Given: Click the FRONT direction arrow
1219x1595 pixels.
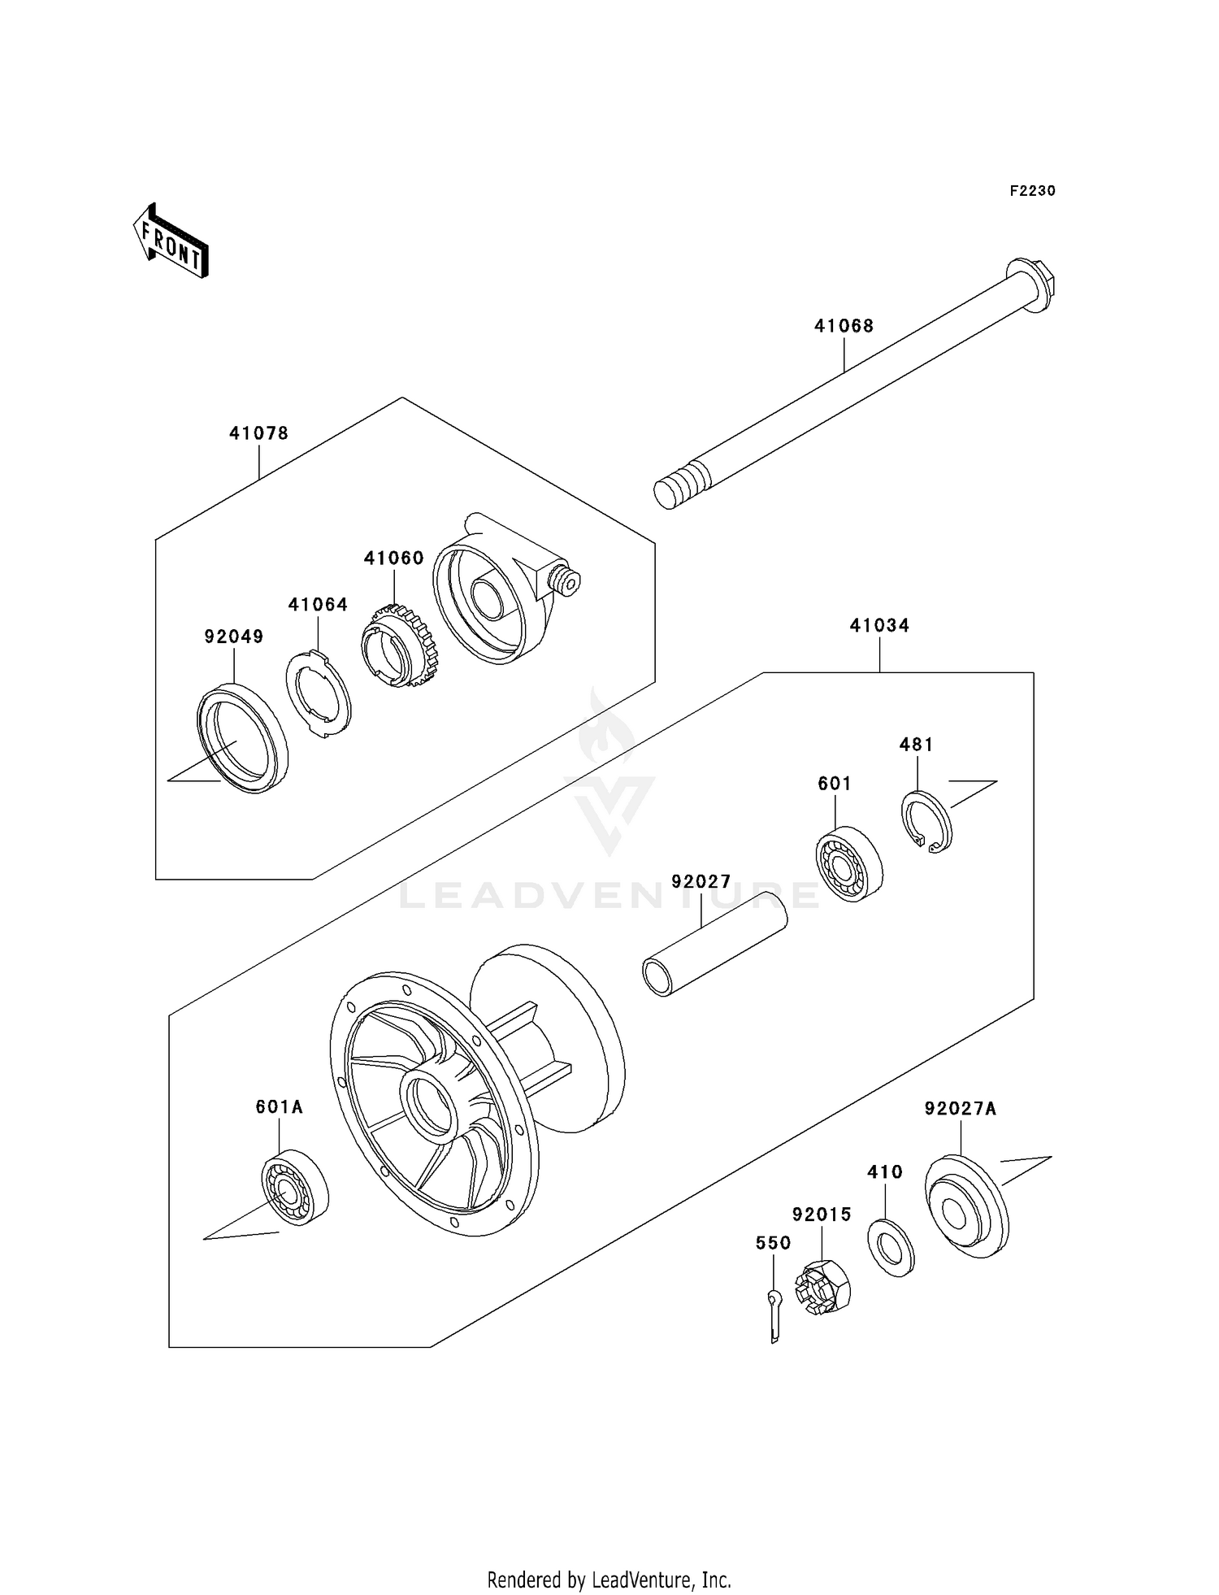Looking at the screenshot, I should (x=171, y=241).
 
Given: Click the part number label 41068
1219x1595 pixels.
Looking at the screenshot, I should (x=844, y=326).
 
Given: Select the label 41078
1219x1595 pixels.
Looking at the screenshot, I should (x=258, y=433).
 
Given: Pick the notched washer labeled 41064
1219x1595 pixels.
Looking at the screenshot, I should (x=318, y=693).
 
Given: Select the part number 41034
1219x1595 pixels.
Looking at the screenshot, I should (x=879, y=625).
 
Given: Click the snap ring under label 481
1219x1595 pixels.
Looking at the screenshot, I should (x=927, y=822).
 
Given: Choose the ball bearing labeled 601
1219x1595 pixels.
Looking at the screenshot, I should (x=849, y=864).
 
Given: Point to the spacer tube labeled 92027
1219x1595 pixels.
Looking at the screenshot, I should (x=715, y=943).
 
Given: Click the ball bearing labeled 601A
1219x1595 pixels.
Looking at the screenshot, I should (x=294, y=1188).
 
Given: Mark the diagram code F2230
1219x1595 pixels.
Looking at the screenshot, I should (x=1032, y=191).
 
